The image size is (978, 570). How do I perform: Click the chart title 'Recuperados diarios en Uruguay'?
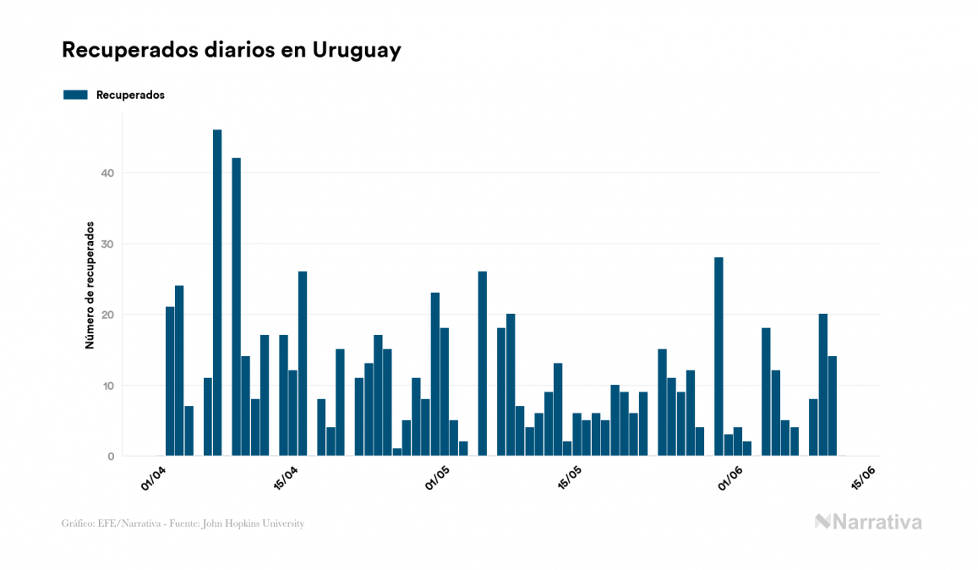click(x=231, y=51)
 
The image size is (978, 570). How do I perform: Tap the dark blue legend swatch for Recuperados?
click(x=75, y=95)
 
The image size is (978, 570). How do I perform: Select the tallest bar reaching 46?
click(x=217, y=292)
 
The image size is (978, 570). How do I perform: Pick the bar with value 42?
click(x=237, y=306)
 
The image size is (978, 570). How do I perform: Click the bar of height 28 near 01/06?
click(x=718, y=356)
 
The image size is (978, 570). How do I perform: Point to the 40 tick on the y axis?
click(x=108, y=173)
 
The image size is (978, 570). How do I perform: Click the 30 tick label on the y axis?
click(x=108, y=244)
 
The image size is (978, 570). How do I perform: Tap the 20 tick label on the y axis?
click(x=108, y=315)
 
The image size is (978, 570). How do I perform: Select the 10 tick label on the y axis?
click(x=108, y=386)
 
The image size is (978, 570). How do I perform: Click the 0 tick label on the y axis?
click(x=111, y=457)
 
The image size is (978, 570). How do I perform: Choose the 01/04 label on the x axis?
click(x=154, y=478)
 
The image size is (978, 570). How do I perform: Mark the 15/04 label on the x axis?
click(x=287, y=478)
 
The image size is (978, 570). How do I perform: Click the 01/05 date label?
click(x=437, y=478)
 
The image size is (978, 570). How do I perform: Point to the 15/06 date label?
click(x=863, y=478)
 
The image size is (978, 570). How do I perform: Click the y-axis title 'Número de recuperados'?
click(x=89, y=286)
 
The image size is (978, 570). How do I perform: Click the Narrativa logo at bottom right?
click(x=868, y=522)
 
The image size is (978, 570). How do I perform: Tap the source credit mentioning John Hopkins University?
click(x=183, y=523)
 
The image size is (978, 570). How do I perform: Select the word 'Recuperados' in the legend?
click(x=130, y=95)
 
